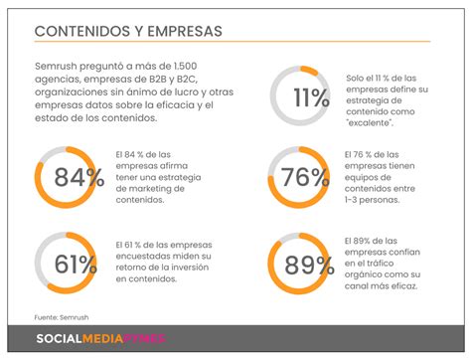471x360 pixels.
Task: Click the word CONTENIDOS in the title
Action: pyautogui.click(x=82, y=31)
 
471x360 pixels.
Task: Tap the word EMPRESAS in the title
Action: pyautogui.click(x=185, y=31)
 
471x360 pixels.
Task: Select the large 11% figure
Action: pyautogui.click(x=311, y=97)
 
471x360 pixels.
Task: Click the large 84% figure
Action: pyautogui.click(x=79, y=177)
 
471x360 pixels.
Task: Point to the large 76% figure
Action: pyautogui.click(x=305, y=177)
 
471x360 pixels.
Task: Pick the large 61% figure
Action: pyautogui.click(x=76, y=265)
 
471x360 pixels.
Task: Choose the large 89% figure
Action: pyautogui.click(x=309, y=265)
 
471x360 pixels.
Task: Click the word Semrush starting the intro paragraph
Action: pyautogui.click(x=56, y=66)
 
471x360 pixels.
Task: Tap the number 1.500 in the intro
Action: pyautogui.click(x=185, y=66)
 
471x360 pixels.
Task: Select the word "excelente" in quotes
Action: pyautogui.click(x=370, y=123)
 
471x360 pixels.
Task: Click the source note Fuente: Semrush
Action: pyautogui.click(x=62, y=317)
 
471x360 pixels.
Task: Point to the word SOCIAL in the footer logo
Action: pyautogui.click(x=59, y=338)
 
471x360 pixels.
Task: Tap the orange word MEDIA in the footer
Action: pyautogui.click(x=102, y=338)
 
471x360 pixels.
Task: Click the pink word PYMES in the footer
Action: pyautogui.click(x=144, y=338)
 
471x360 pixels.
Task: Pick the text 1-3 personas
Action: pyautogui.click(x=372, y=200)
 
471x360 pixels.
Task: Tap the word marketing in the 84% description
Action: pyautogui.click(x=149, y=189)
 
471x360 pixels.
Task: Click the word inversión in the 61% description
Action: pyautogui.click(x=190, y=268)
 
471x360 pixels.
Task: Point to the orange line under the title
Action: pyautogui.click(x=233, y=42)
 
